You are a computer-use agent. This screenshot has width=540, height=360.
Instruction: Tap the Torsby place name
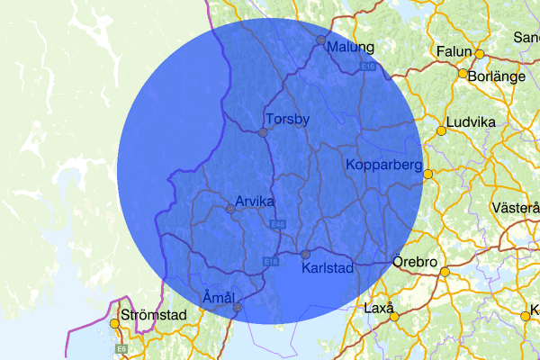tap(288, 119)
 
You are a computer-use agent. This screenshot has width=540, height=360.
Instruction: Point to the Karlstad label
tap(328, 267)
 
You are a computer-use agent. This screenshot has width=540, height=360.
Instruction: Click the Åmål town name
tap(219, 297)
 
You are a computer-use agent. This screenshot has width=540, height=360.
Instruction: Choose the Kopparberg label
tap(384, 165)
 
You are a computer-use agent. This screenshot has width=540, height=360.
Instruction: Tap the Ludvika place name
tap(473, 120)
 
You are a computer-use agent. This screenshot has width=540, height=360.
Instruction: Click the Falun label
tap(454, 52)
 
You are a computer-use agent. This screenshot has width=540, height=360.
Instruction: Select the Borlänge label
tap(497, 76)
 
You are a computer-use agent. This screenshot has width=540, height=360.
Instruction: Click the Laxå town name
tap(380, 309)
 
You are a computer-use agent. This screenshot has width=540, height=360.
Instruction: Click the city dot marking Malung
tap(320, 40)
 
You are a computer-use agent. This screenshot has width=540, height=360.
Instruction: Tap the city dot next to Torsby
tap(263, 132)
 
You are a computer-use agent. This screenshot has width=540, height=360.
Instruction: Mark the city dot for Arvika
tap(230, 208)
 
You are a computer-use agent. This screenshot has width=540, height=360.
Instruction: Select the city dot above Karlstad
tap(305, 253)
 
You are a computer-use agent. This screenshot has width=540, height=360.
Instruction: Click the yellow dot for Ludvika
tap(441, 132)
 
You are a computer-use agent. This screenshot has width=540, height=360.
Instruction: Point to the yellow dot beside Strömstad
tap(114, 323)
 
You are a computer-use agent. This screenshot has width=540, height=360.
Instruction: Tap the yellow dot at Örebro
tap(444, 270)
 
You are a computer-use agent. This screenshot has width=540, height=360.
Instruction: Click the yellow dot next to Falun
tap(480, 54)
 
